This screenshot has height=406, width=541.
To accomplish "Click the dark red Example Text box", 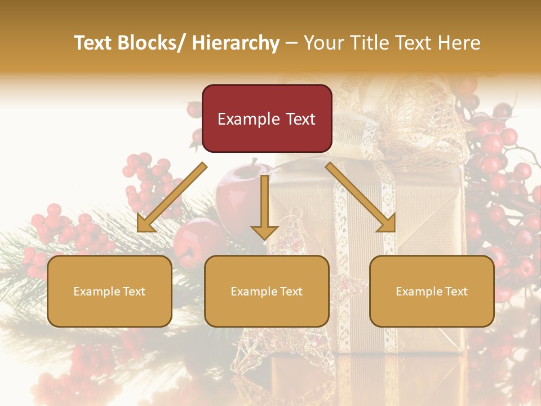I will tap(267, 118).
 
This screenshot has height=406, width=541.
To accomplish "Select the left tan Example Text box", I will tap(109, 291).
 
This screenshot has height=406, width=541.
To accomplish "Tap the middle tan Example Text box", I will tap(267, 291).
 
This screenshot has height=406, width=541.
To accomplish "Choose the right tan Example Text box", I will tap(432, 291).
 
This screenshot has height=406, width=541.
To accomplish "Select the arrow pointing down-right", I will tap(361, 197).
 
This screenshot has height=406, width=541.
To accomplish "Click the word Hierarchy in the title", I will tap(236, 43).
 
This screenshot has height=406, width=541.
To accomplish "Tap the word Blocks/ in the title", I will tap(150, 43).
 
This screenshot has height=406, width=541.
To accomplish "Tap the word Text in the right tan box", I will tap(456, 291).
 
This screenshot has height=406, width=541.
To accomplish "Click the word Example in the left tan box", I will tap(94, 291).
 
